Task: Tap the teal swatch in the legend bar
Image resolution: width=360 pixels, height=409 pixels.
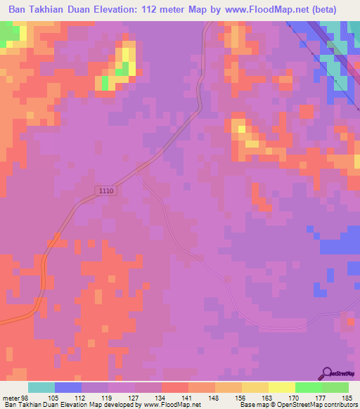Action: tap(41, 387)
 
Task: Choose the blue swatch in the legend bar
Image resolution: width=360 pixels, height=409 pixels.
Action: tap(68, 387)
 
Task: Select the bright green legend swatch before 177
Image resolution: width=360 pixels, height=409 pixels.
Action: tap(308, 387)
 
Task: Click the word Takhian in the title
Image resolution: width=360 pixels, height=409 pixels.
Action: tap(53, 10)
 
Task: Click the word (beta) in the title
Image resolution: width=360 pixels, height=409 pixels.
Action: tap(322, 10)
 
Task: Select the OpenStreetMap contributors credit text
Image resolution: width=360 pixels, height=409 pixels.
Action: tap(311, 405)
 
